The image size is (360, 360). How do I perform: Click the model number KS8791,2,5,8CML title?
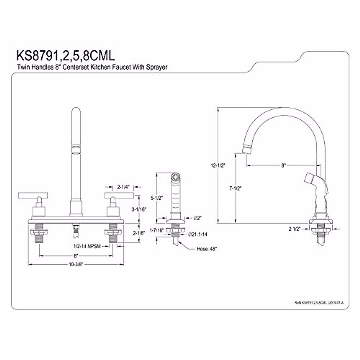pyautogui.click(x=65, y=56)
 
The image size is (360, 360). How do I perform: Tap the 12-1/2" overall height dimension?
pyautogui.click(x=218, y=165)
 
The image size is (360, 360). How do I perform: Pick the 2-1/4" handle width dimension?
pyautogui.click(x=123, y=187)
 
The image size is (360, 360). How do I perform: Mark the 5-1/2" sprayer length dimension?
pyautogui.click(x=156, y=198)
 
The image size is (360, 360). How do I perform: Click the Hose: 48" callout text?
pyautogui.click(x=207, y=249)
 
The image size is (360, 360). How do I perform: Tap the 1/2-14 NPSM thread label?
pyautogui.click(x=87, y=246)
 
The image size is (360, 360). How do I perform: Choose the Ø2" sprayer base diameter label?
pyautogui.click(x=197, y=218)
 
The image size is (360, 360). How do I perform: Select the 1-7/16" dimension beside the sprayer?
pyautogui.click(x=156, y=230)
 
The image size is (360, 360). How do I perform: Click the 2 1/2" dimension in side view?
pyautogui.click(x=295, y=229)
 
